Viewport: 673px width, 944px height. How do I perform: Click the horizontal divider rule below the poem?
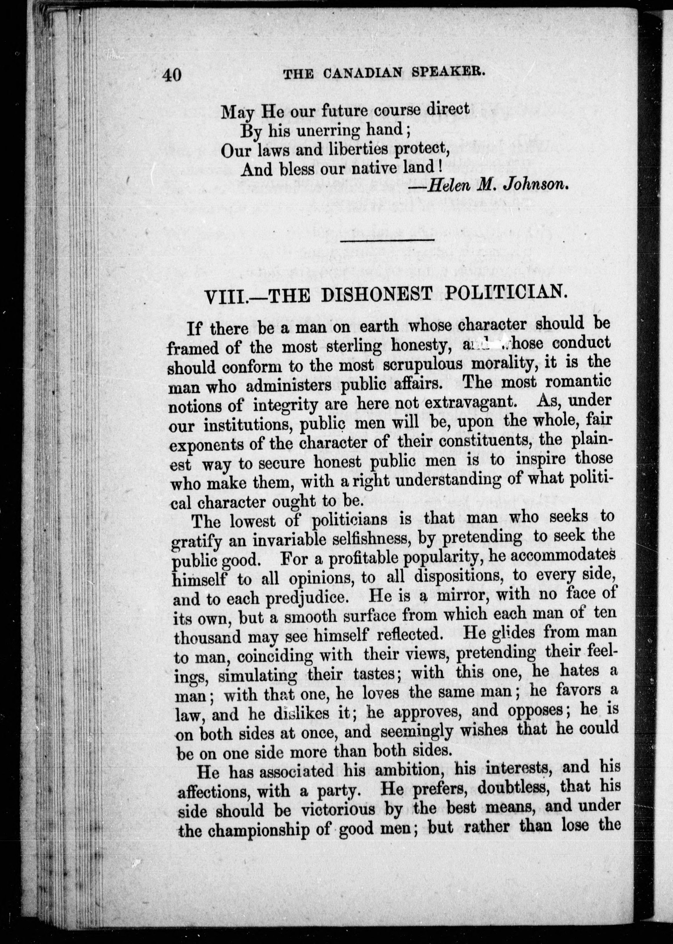point(387,239)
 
